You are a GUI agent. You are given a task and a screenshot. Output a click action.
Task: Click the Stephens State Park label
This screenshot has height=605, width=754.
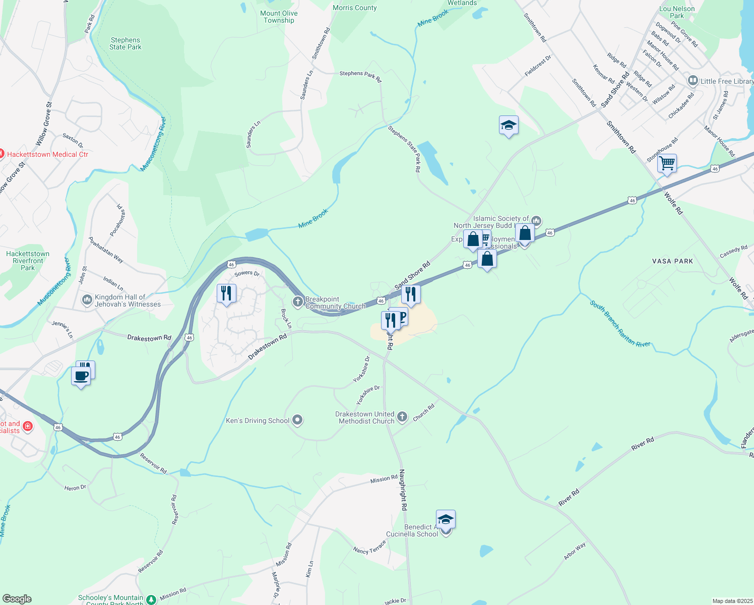click(125, 43)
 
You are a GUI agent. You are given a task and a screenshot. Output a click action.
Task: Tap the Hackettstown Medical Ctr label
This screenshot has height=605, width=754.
click(47, 154)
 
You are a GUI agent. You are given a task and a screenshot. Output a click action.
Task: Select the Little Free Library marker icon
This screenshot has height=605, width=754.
click(693, 81)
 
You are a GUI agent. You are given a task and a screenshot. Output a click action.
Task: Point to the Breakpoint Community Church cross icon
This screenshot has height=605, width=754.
click(298, 302)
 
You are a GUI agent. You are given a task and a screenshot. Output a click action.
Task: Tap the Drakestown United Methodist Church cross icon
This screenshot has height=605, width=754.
click(402, 416)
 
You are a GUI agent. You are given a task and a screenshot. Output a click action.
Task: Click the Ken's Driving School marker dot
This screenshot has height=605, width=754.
click(297, 419)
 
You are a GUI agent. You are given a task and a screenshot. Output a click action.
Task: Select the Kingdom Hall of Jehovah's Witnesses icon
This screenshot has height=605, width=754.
click(87, 300)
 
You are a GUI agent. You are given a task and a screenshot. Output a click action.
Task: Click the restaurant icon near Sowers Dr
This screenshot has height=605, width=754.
click(226, 293)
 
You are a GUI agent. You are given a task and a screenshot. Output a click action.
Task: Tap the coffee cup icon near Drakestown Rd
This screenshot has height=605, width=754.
click(81, 376)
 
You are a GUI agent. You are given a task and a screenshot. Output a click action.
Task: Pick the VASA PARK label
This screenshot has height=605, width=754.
click(672, 261)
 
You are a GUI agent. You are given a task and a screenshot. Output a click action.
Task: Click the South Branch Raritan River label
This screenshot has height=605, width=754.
click(620, 324)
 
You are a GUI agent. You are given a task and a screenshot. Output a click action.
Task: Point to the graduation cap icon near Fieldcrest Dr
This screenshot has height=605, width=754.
click(509, 125)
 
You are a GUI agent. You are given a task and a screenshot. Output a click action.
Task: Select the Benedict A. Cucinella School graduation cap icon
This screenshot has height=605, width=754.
click(446, 519)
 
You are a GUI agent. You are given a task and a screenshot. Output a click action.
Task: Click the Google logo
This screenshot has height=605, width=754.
click(17, 599)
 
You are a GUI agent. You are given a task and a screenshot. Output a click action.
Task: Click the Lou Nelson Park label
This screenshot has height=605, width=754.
click(677, 12)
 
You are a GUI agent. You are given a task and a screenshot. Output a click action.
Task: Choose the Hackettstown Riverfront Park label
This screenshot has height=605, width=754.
click(28, 261)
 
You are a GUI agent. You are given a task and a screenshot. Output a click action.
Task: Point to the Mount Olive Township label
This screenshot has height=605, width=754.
click(279, 17)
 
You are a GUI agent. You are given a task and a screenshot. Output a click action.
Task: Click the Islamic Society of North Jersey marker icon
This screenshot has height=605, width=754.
click(536, 220)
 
